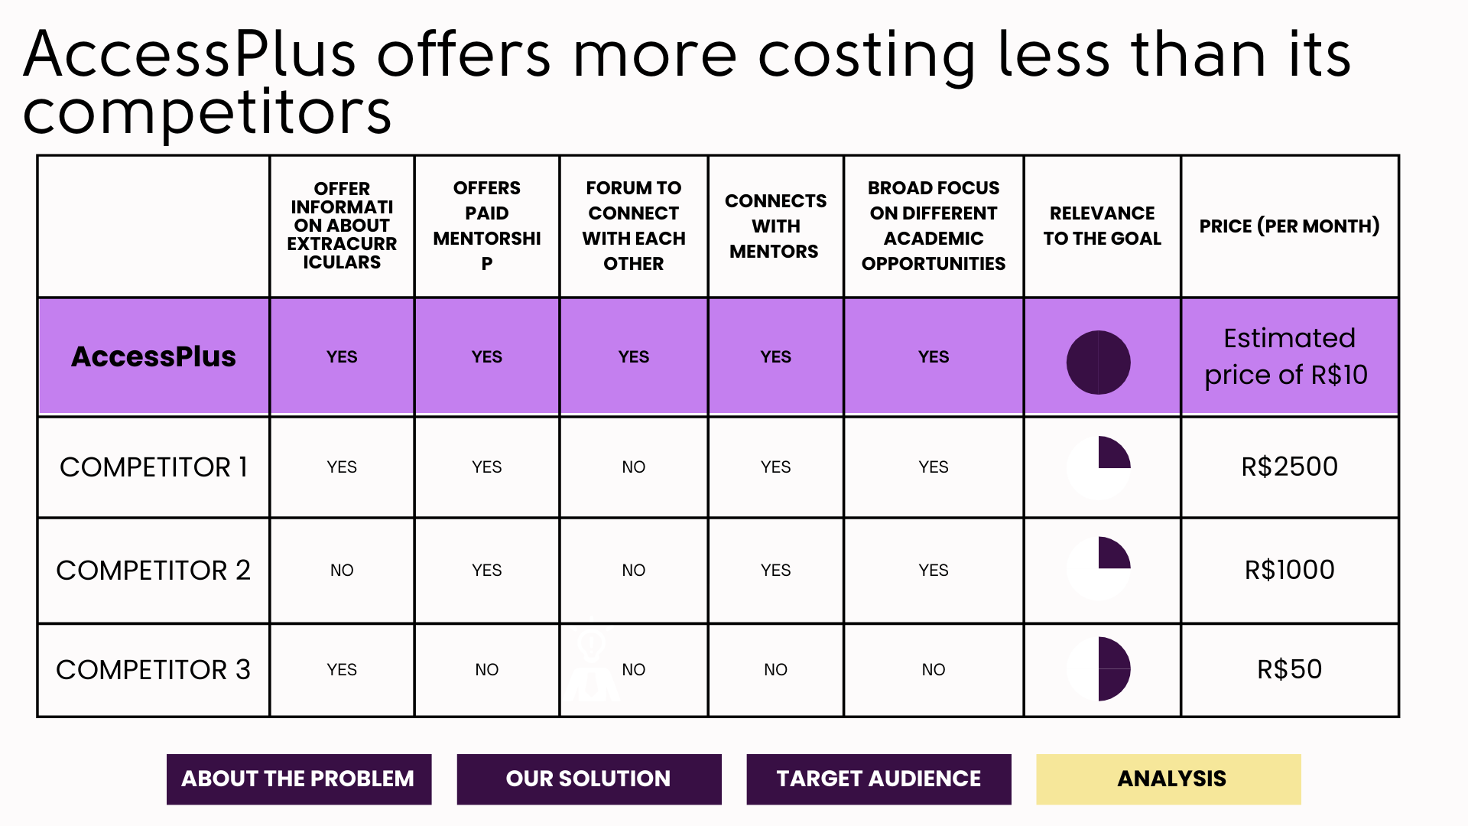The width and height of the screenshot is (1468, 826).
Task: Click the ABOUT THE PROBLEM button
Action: tap(298, 779)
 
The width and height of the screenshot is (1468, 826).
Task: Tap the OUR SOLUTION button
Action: tap(589, 779)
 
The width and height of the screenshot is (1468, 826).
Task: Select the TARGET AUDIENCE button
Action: tap(879, 779)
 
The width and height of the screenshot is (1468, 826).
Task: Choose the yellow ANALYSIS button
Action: tap(1168, 779)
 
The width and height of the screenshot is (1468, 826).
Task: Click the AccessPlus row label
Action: tap(154, 356)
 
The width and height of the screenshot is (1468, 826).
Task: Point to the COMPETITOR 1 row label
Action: tap(154, 467)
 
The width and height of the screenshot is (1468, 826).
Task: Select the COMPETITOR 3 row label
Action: tap(154, 669)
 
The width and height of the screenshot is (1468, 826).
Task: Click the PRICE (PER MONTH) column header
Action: tap(1289, 226)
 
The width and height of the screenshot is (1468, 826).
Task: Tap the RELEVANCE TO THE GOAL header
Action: tap(1102, 226)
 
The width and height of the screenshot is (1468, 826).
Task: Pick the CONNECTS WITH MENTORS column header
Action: tap(775, 226)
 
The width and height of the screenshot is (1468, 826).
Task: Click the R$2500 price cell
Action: tap(1289, 467)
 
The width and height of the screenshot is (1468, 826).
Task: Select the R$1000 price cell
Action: tap(1289, 570)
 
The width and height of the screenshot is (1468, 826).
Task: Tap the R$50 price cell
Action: tap(1289, 669)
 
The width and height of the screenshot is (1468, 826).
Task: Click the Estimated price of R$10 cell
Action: tap(1289, 356)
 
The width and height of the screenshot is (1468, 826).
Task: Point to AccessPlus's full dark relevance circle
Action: tap(1099, 363)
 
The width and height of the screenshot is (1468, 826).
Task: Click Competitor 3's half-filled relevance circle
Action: tap(1099, 668)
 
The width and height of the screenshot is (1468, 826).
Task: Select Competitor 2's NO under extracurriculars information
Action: tap(342, 570)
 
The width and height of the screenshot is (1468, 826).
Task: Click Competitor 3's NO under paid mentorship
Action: tap(486, 669)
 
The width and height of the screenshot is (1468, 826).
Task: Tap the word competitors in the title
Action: tap(207, 112)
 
